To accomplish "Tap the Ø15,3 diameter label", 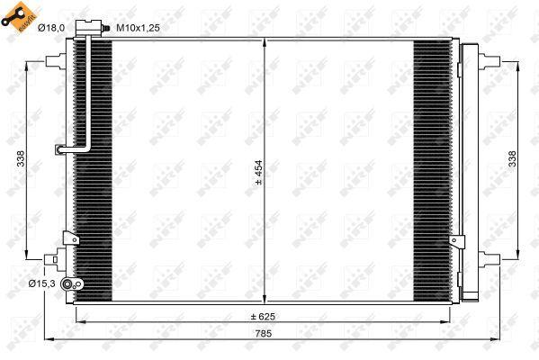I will pos(41,283).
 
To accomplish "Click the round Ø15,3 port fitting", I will pos(78,284).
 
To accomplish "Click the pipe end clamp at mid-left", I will pos(60,149).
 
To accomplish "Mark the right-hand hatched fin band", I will pos(430,171).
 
